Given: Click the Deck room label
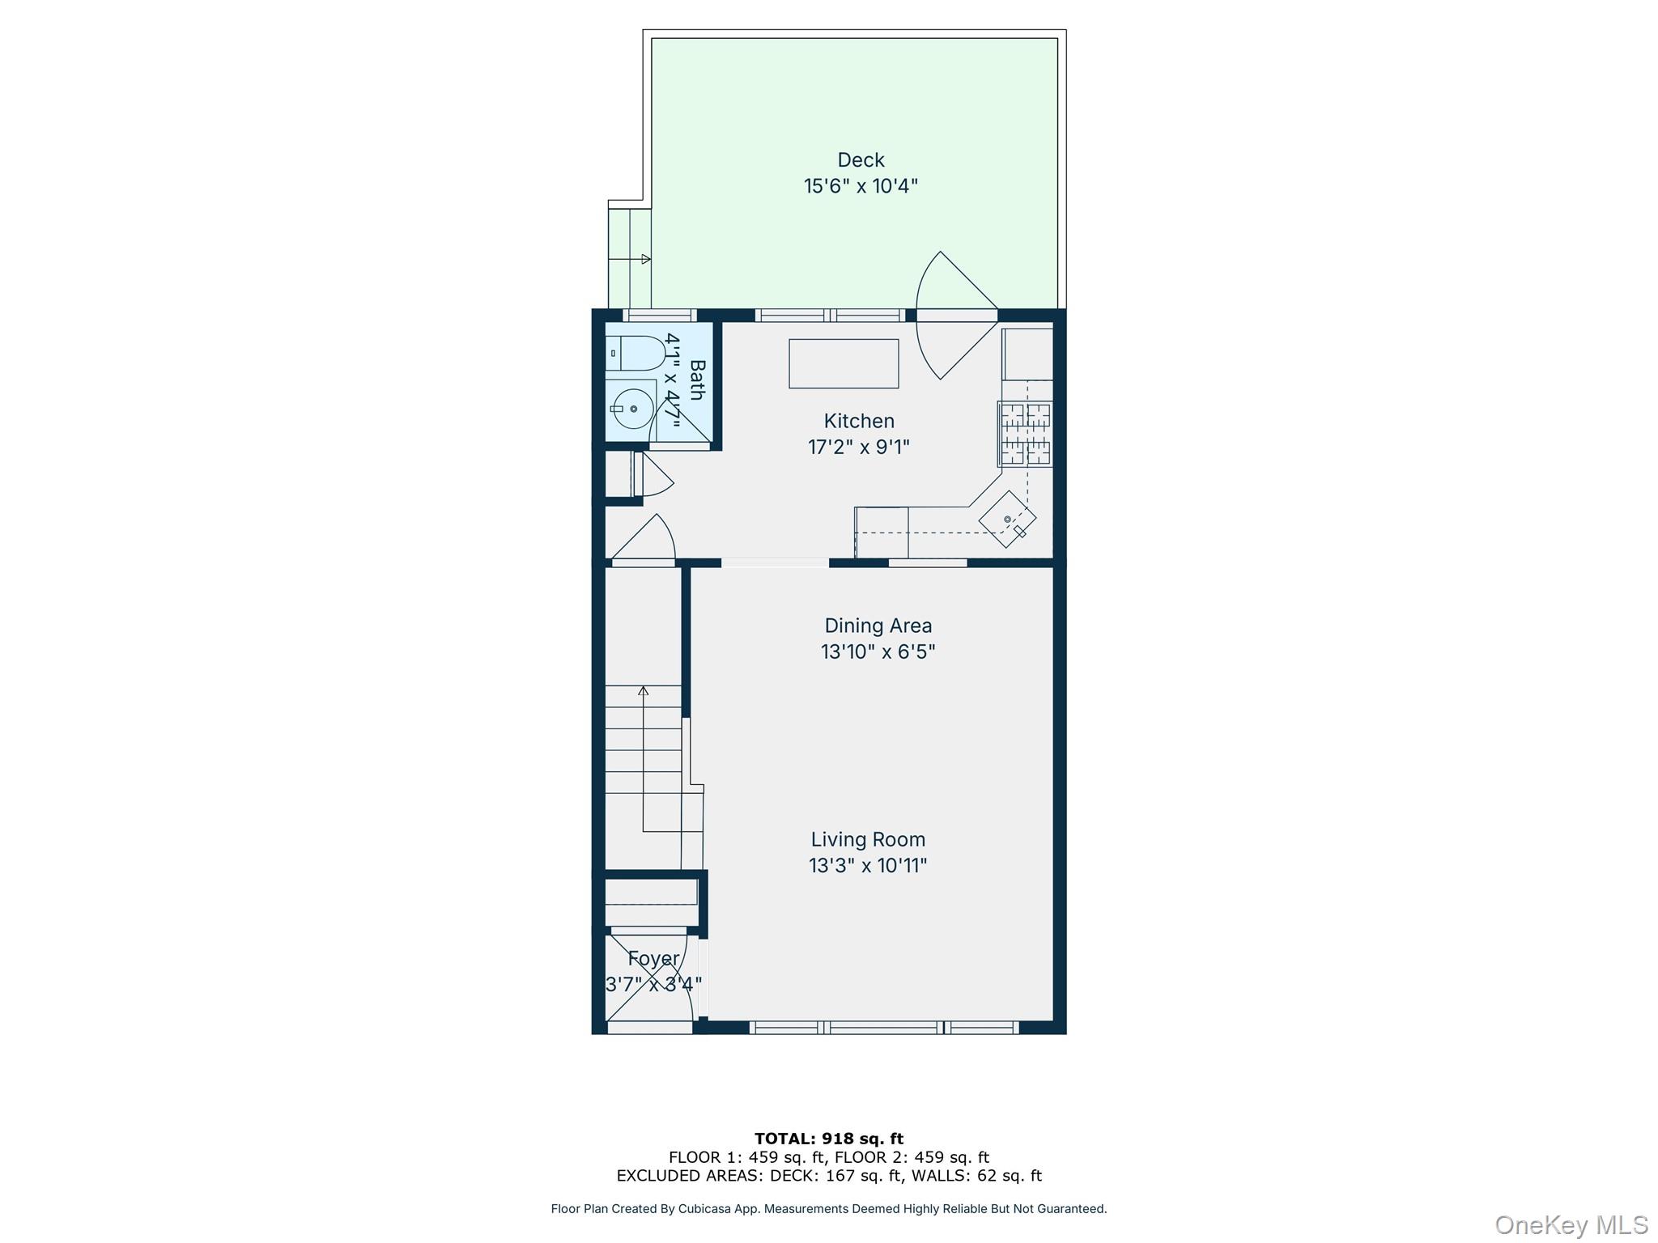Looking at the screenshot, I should (x=861, y=160).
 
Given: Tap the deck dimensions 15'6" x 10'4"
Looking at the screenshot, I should (x=861, y=186).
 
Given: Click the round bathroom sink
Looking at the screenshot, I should (x=632, y=409).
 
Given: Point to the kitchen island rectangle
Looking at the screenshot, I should (x=844, y=364).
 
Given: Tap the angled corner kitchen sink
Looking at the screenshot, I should (x=1007, y=520).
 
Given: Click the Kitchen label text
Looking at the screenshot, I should (x=859, y=421).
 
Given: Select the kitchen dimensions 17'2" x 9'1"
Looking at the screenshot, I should (x=859, y=447).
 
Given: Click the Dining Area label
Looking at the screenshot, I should (x=878, y=626).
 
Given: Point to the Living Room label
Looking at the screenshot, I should (x=868, y=840).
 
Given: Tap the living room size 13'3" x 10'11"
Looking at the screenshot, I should (x=868, y=866).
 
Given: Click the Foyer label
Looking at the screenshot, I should (x=653, y=959).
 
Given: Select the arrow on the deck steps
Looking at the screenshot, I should (x=645, y=259).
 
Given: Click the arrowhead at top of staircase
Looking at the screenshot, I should (x=643, y=690).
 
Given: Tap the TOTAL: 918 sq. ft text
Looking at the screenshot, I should (x=828, y=1139).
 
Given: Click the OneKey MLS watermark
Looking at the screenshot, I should (x=1571, y=1225).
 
